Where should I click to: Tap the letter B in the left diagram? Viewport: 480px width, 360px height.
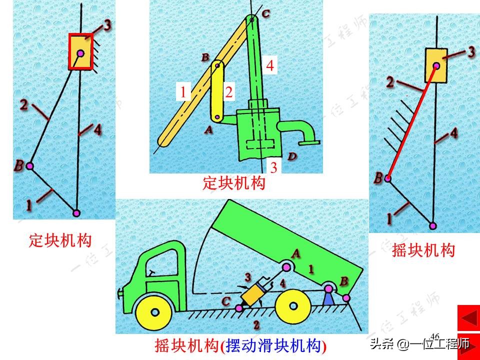pyautogui.click(x=19, y=165)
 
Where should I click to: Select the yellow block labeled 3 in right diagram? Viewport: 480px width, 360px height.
pyautogui.click(x=436, y=65)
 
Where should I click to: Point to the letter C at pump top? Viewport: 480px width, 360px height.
pyautogui.click(x=265, y=14)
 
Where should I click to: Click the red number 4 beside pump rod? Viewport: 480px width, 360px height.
pyautogui.click(x=269, y=66)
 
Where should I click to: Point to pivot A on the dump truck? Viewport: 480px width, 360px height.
pyautogui.click(x=286, y=265)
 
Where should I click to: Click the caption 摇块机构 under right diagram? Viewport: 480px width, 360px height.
pyautogui.click(x=423, y=250)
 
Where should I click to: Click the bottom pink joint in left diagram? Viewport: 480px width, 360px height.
pyautogui.click(x=76, y=213)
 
